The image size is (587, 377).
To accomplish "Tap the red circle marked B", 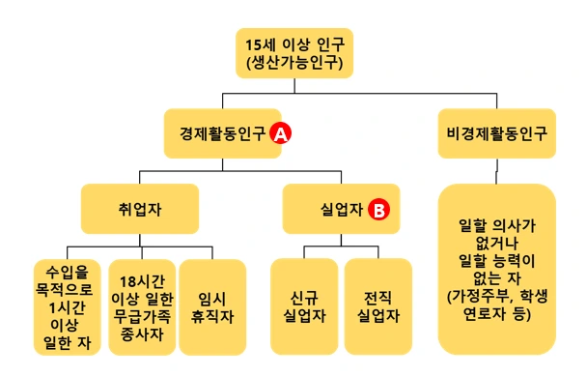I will click(x=379, y=209).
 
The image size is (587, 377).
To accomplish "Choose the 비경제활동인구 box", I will click(x=497, y=133).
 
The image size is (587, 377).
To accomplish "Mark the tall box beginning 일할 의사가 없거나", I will click(x=497, y=271).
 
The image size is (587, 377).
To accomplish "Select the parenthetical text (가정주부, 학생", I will click(x=497, y=298).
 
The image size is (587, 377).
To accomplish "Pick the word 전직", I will click(x=377, y=298).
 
